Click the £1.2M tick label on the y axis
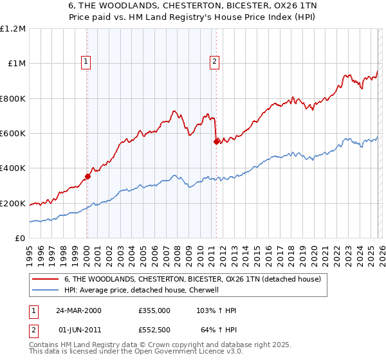[13, 28]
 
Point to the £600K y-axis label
[13, 133]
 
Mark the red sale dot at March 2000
[87, 177]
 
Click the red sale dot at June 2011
[216, 142]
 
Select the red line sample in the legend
[45, 279]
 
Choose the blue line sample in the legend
[45, 290]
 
